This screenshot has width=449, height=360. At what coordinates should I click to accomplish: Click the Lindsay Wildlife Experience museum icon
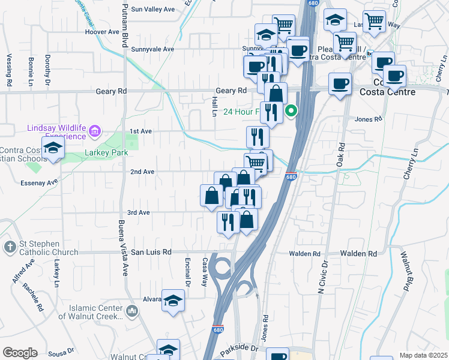coord(94,130)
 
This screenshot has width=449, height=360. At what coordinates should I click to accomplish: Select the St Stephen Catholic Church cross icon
coord(10,247)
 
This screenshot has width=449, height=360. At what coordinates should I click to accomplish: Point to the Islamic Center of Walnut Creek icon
coord(132,310)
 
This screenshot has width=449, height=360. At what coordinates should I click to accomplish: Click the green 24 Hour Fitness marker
coord(291,110)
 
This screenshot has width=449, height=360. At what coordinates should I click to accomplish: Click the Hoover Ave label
coord(103,32)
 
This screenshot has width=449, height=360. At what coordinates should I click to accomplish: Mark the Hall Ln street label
coord(214,107)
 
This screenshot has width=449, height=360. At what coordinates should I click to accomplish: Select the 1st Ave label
coord(141,131)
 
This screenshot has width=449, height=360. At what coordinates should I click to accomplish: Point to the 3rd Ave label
coord(138,213)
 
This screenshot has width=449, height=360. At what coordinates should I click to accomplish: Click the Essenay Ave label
coord(40,181)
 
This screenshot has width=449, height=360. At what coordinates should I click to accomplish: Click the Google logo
coord(20,353)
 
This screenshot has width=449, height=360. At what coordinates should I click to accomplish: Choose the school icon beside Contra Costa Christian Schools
coord(53,149)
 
